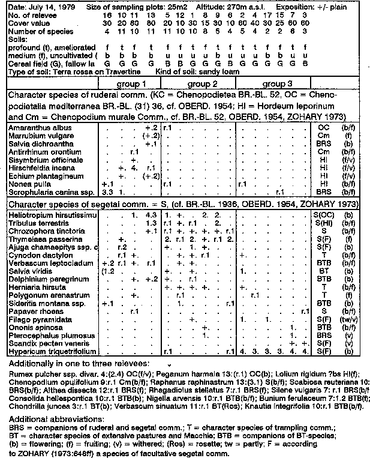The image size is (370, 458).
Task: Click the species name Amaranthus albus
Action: click(37, 128)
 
